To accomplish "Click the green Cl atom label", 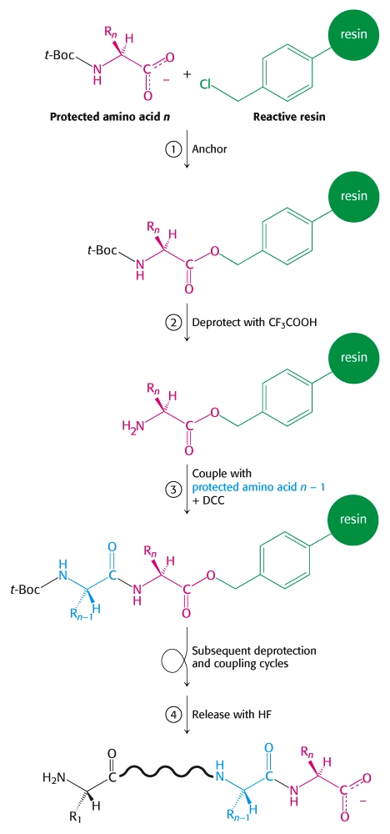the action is pyautogui.click(x=207, y=83).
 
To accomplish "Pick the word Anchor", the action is pyautogui.click(x=212, y=149).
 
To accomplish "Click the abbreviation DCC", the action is pyautogui.click(x=215, y=500).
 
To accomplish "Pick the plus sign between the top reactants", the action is pyautogui.click(x=187, y=73).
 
